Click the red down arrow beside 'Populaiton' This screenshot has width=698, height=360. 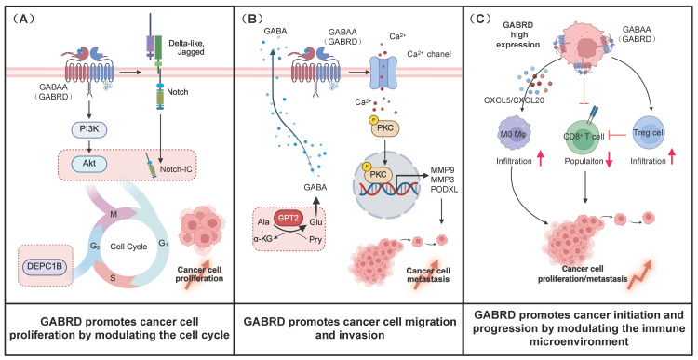(x=611, y=160)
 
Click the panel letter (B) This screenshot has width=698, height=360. (x=250, y=19)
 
